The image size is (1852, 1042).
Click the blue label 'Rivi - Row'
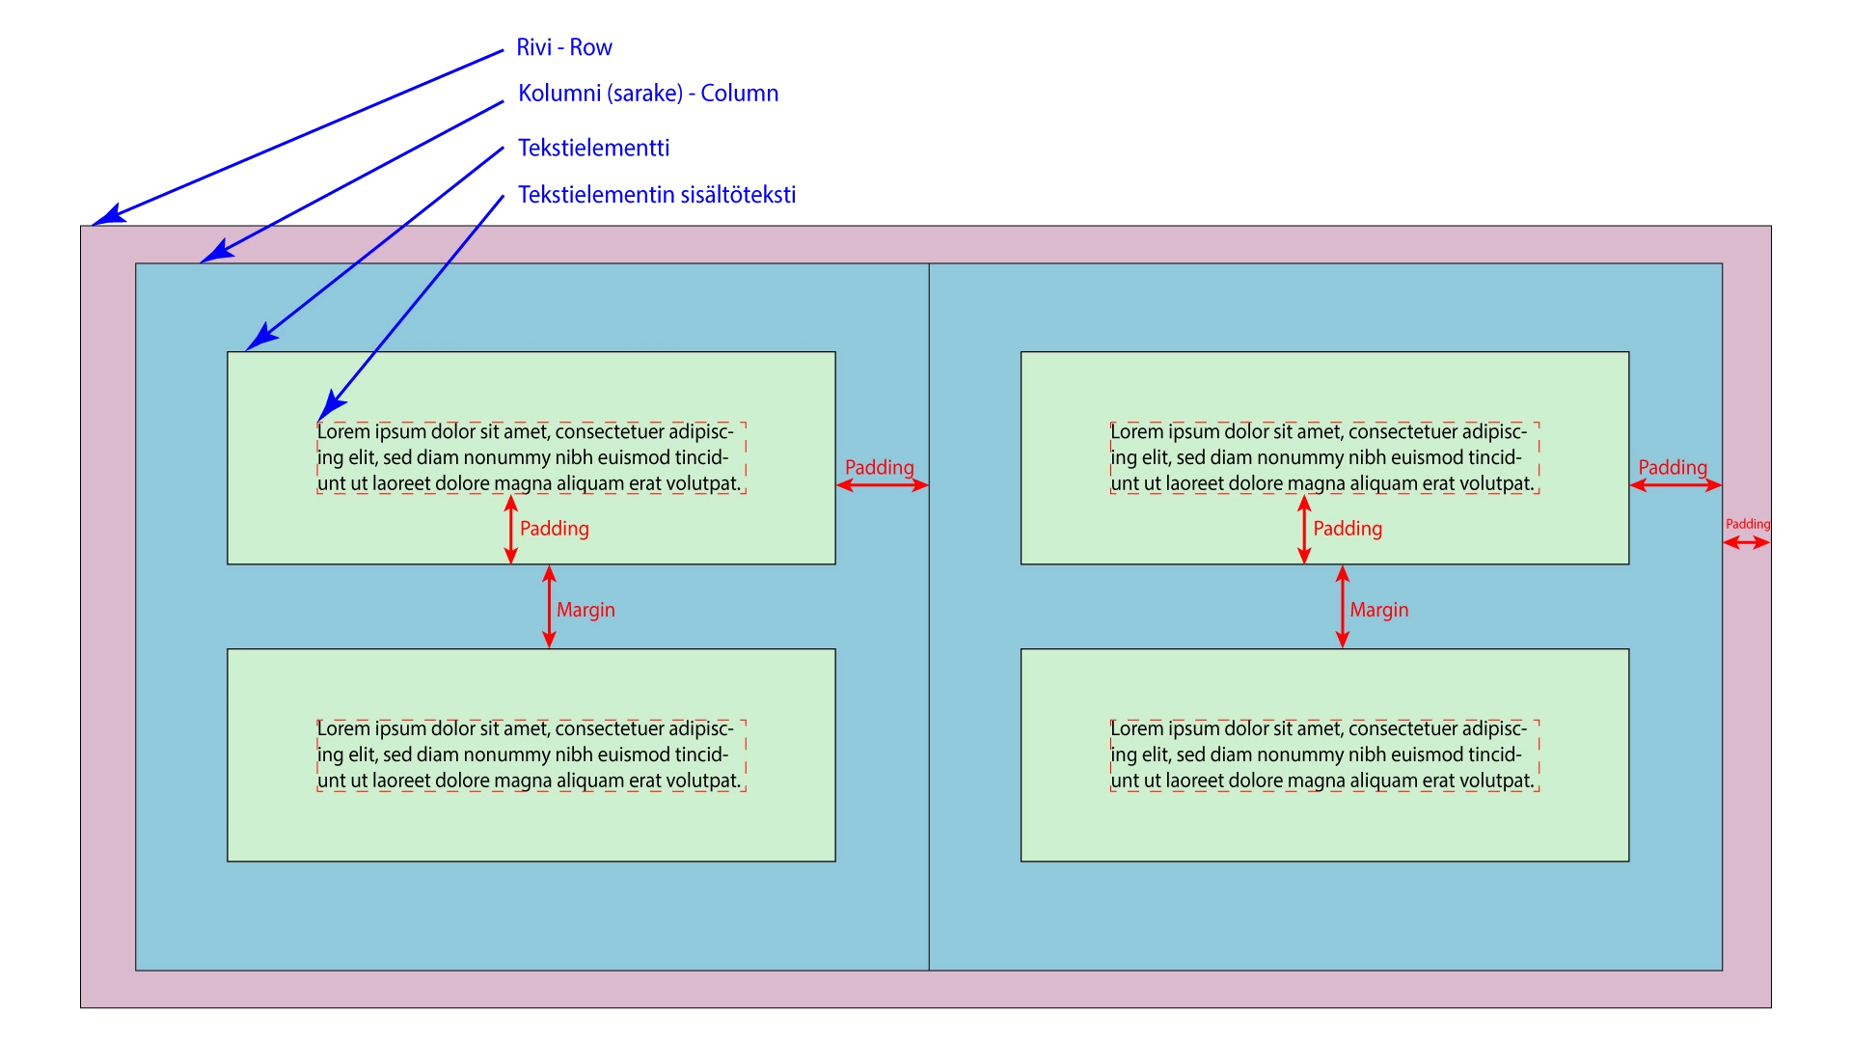click(564, 47)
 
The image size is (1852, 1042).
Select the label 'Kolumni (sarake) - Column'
click(647, 94)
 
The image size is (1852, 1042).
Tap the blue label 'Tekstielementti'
click(593, 148)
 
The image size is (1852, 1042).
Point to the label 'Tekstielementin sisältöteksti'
click(656, 195)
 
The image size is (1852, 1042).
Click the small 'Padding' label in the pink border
click(1748, 524)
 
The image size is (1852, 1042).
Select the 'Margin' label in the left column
click(586, 610)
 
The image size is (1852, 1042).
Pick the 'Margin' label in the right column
click(1378, 610)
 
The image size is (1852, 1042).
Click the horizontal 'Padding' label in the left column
click(879, 468)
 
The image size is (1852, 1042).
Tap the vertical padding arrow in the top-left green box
click(511, 529)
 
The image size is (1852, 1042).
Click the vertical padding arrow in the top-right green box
click(1304, 529)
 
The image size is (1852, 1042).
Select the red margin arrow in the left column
click(549, 606)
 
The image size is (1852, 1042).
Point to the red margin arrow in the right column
click(1342, 606)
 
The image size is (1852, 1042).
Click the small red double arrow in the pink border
click(1747, 543)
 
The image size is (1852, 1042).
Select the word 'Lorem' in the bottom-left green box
click(343, 729)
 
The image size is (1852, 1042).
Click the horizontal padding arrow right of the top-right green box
click(1675, 485)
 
